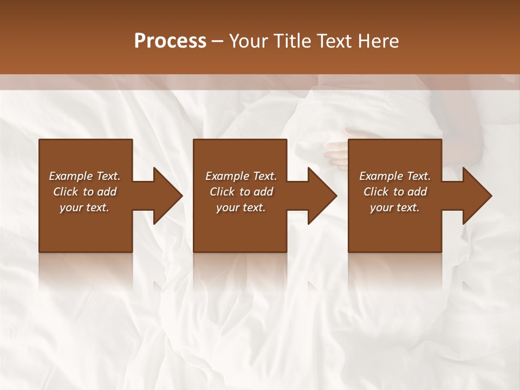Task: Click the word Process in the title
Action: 170,41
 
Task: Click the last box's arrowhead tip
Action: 491,196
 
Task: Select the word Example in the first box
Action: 70,176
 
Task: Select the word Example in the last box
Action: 381,176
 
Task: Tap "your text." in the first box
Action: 84,207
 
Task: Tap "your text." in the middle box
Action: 240,207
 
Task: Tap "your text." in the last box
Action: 394,207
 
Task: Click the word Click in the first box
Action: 66,192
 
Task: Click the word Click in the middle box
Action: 222,192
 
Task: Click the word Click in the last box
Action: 376,192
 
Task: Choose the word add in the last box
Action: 417,192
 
